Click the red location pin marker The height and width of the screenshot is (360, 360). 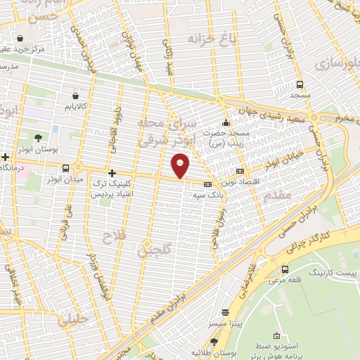[181, 167]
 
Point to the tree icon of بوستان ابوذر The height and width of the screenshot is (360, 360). [38, 138]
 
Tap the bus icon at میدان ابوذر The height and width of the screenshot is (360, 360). [66, 168]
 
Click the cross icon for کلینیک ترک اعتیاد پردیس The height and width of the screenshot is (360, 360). [111, 172]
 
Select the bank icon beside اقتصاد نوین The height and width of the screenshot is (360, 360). [240, 170]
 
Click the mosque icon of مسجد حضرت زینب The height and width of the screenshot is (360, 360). [226, 120]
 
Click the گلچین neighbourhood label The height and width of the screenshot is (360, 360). [155, 248]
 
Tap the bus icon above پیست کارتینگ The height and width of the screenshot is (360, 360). [285, 269]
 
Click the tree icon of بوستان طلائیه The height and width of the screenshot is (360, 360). [213, 341]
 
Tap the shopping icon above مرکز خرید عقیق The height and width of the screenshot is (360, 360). [19, 38]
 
